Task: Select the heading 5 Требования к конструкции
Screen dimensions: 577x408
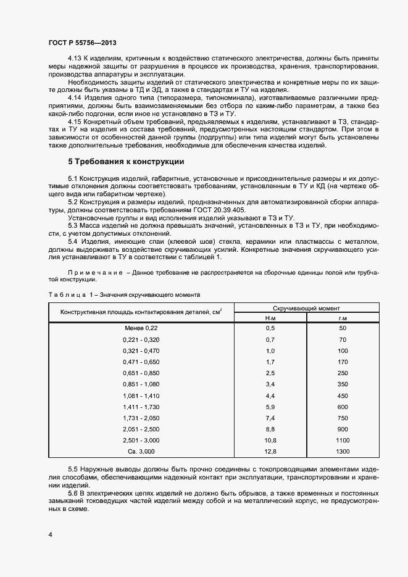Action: (125, 162)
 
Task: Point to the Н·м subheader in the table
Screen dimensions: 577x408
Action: (270, 318)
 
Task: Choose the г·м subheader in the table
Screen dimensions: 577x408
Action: (343, 318)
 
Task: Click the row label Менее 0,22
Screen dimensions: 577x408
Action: (141, 329)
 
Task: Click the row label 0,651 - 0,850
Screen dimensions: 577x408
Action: (141, 373)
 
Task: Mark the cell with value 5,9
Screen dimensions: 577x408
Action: (270, 407)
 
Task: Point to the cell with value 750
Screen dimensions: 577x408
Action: (343, 418)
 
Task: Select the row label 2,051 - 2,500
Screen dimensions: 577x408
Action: (141, 430)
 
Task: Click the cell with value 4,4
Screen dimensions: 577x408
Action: (270, 396)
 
